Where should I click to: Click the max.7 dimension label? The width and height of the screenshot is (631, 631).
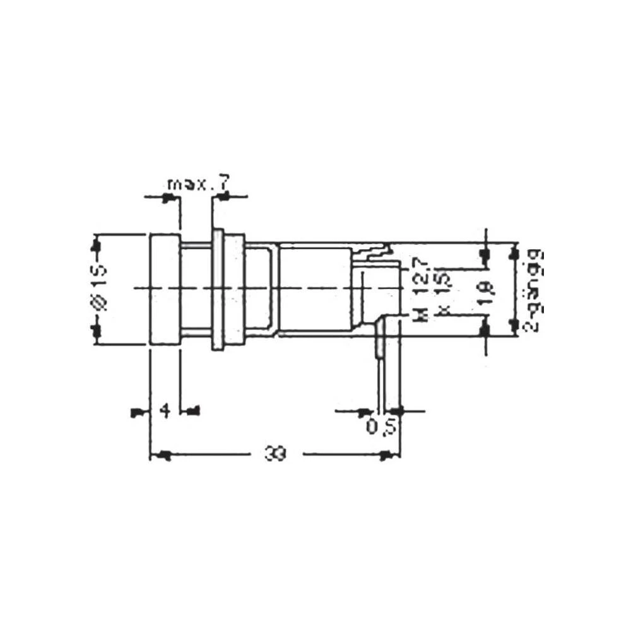click(x=197, y=184)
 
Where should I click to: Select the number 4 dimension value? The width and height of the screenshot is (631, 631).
click(x=165, y=411)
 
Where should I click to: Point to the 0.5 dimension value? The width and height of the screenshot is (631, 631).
click(x=381, y=427)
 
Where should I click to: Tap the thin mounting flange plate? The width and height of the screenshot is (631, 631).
click(x=218, y=290)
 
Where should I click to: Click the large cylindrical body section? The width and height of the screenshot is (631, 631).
click(x=315, y=289)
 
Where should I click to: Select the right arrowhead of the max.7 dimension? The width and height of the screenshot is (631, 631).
click(x=223, y=198)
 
